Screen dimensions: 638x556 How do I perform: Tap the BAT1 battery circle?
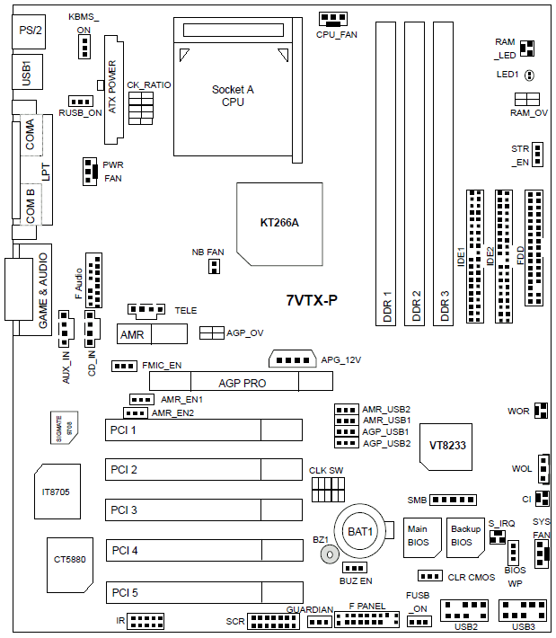click(x=360, y=532)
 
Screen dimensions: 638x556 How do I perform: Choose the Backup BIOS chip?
click(x=465, y=536)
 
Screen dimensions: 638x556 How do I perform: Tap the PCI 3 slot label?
click(x=124, y=510)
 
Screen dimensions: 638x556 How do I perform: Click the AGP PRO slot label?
click(x=242, y=383)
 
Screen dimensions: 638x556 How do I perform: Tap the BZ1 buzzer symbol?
click(x=331, y=556)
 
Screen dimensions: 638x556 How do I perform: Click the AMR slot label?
click(x=132, y=334)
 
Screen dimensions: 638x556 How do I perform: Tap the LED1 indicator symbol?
click(x=530, y=75)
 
